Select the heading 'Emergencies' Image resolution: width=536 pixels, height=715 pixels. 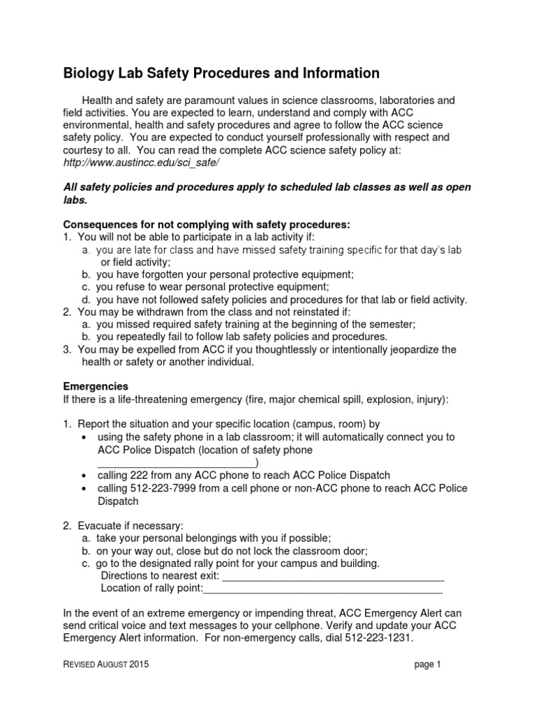[x=96, y=386]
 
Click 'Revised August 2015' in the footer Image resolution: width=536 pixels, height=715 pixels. [x=105, y=665]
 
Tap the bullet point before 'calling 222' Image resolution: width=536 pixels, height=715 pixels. [x=84, y=476]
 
